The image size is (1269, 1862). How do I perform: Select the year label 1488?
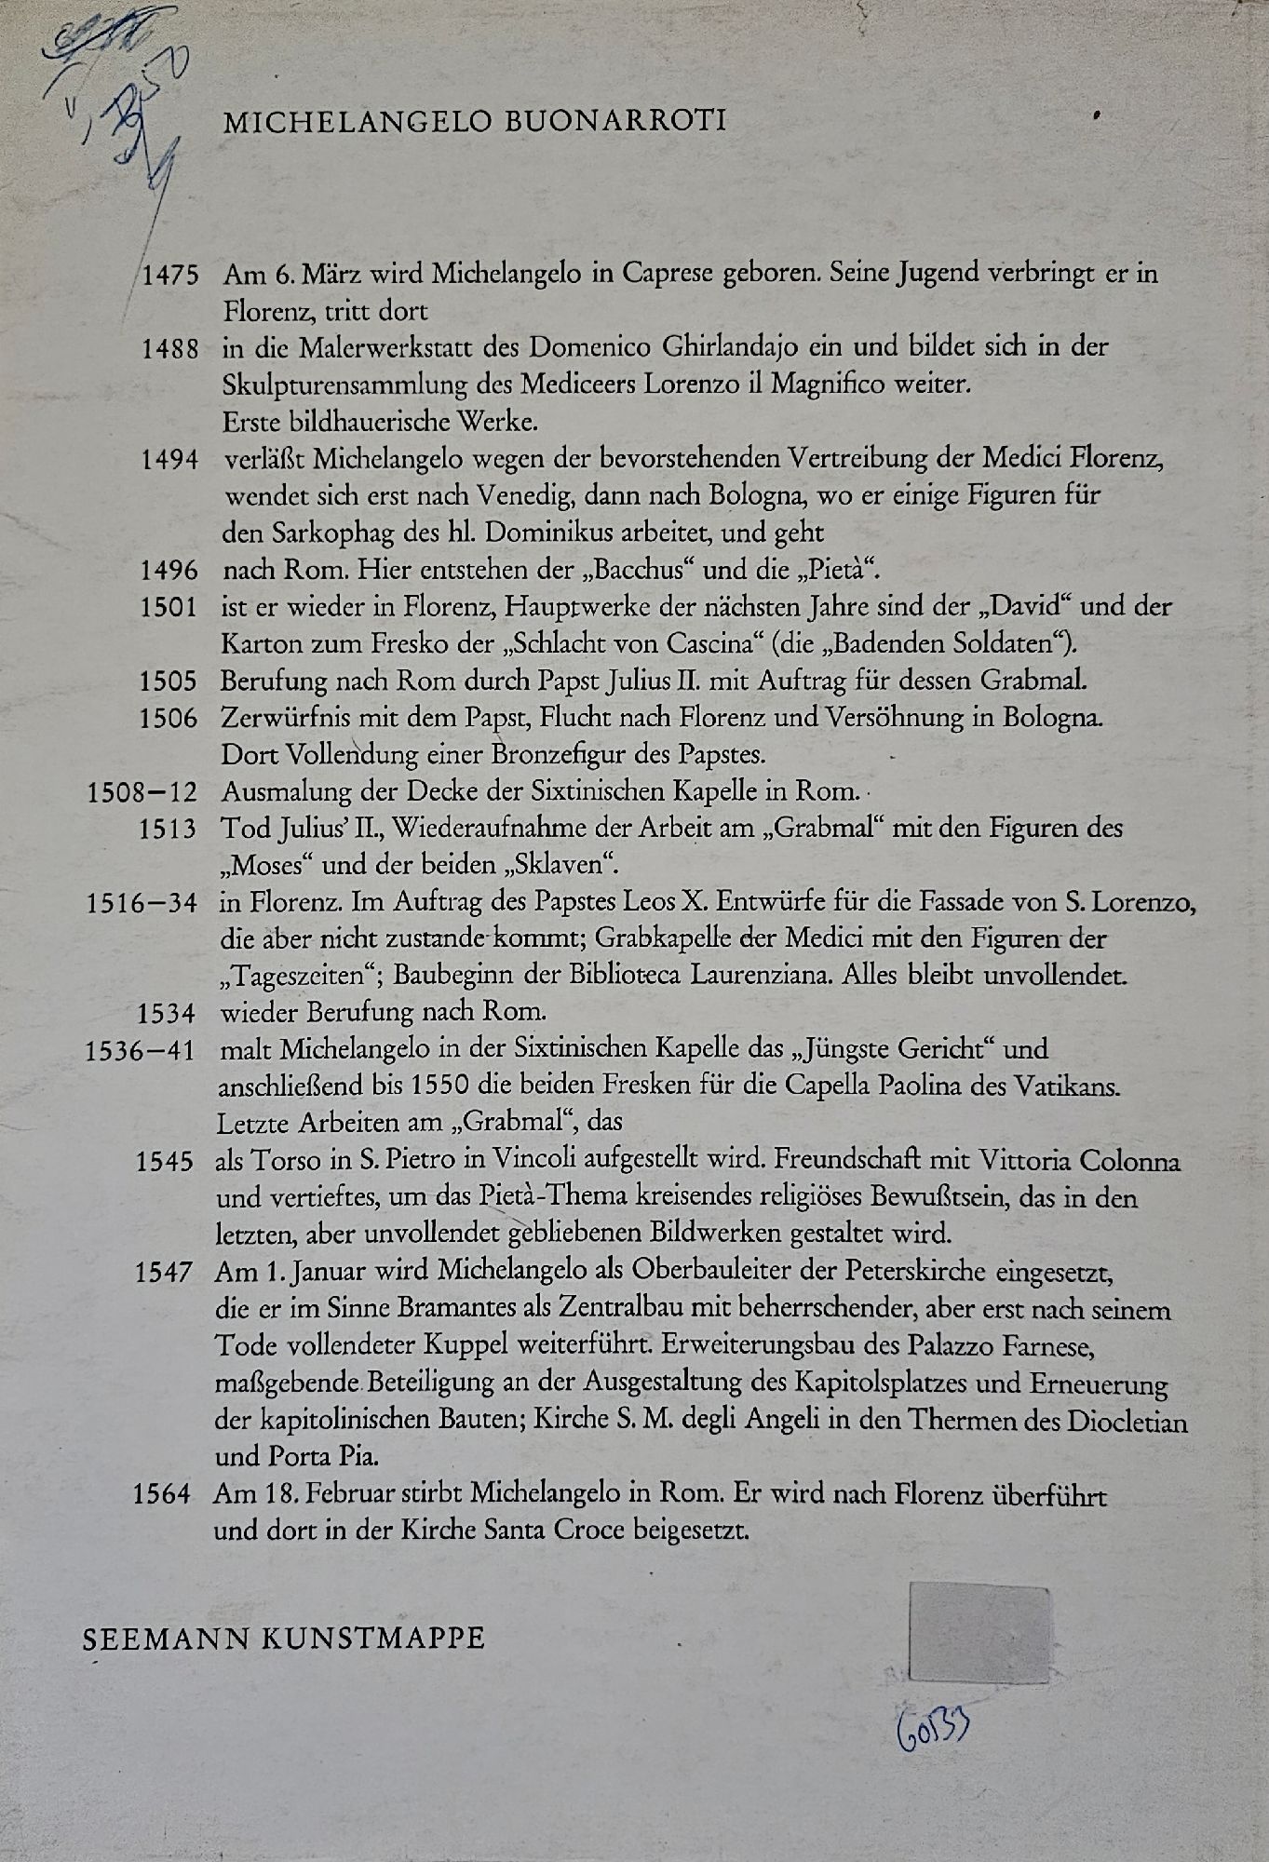170,349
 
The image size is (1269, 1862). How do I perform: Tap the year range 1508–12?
142,793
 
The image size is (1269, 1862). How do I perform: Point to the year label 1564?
162,1495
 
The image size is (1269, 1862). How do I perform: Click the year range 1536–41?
140,1051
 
